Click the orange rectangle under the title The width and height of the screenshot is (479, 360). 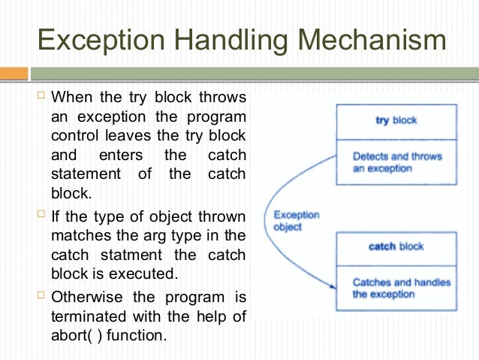point(14,74)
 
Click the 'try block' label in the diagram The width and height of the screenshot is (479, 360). point(396,120)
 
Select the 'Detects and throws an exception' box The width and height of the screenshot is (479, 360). point(396,163)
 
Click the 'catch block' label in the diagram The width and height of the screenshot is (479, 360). point(396,247)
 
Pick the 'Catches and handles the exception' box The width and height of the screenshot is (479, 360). point(396,288)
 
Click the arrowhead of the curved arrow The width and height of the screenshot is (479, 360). point(330,286)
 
